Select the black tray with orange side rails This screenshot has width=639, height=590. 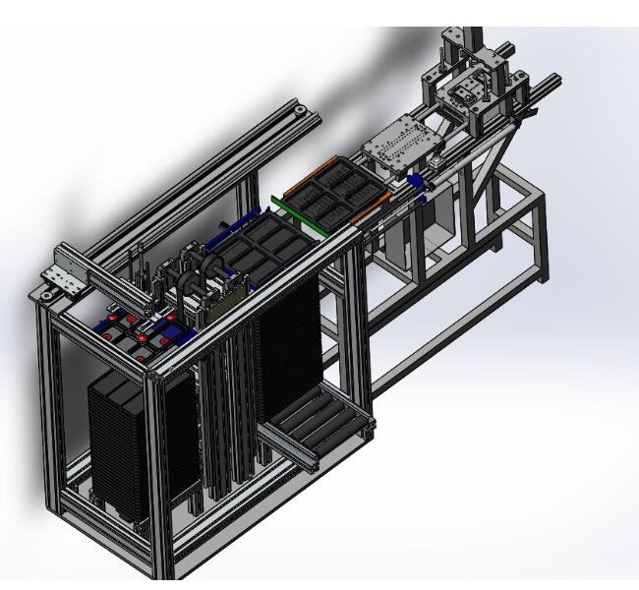(x=328, y=193)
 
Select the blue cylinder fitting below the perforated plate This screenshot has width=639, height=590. (x=417, y=181)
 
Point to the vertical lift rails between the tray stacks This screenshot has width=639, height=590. (x=221, y=413)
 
